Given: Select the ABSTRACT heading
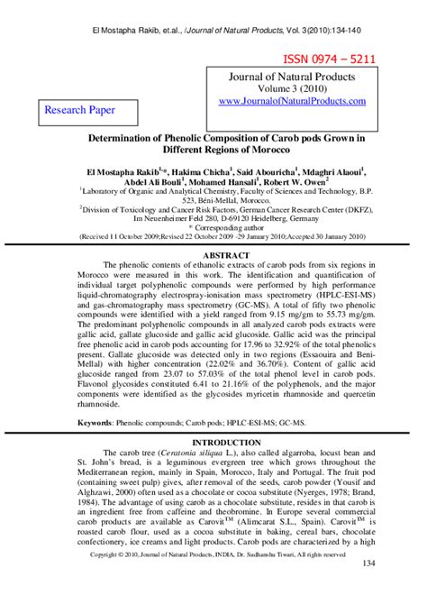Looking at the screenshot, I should coord(213,255).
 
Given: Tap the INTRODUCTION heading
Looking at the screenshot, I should coord(213,443).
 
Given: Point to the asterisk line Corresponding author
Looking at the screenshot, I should coord(213,229).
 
